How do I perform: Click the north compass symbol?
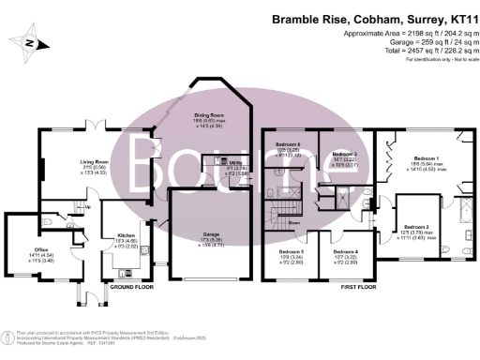[x=30, y=43]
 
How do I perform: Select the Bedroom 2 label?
[x=416, y=228]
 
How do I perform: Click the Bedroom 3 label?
[x=347, y=154]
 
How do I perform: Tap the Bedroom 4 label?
[x=344, y=250]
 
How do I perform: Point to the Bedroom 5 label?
[x=292, y=250]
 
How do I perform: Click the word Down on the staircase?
[x=294, y=224]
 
